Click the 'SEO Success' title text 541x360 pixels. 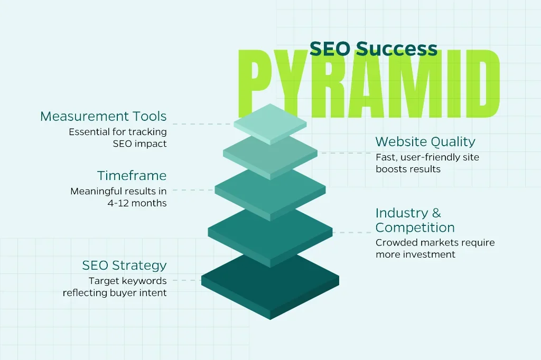tap(374, 49)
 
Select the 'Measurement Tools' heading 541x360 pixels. tap(104, 117)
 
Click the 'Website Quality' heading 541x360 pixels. tap(425, 141)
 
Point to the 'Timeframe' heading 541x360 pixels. tap(132, 176)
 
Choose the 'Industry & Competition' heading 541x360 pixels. tap(415, 220)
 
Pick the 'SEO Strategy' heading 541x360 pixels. tap(124, 266)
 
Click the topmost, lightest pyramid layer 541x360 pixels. tap(270, 124)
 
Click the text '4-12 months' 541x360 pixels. tap(137, 203)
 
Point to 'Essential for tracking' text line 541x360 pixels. tap(118, 132)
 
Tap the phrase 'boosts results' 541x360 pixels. tap(408, 169)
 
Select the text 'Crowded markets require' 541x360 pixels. tap(435, 243)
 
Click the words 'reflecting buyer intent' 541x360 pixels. tap(115, 293)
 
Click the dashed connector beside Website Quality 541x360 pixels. tap(344, 153)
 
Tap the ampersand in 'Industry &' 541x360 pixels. tap(436, 213)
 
